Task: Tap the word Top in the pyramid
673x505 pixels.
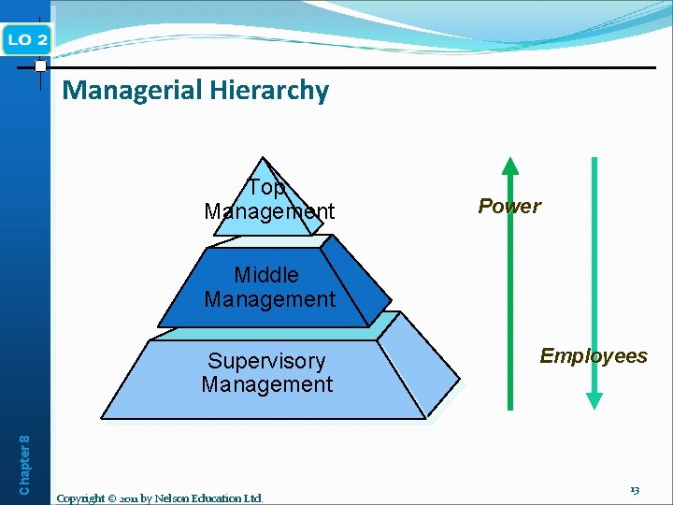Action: [x=266, y=188]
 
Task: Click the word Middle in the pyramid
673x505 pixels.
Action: [x=266, y=275]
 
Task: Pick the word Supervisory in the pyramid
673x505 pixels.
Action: [x=266, y=361]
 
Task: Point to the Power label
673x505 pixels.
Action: [x=509, y=206]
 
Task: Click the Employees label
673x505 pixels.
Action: [x=594, y=355]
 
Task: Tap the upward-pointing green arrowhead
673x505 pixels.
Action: [x=509, y=166]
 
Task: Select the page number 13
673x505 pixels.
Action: [x=634, y=489]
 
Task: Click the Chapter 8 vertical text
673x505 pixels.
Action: [x=25, y=463]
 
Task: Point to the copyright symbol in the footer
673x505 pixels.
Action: [x=114, y=498]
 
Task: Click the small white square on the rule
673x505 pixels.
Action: [x=40, y=66]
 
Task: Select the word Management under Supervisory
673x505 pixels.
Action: [x=266, y=384]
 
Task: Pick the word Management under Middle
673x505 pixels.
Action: [x=269, y=299]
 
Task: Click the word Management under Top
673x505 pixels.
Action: [x=269, y=211]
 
